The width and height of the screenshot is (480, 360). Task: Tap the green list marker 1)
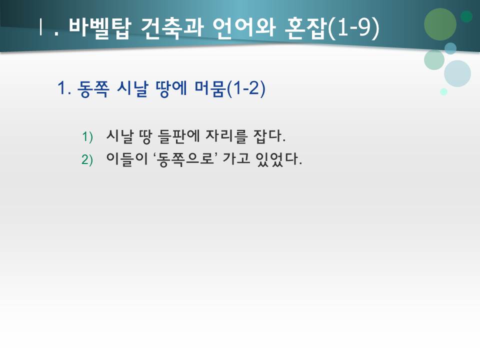point(87,136)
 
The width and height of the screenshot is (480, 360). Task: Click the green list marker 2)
point(87,160)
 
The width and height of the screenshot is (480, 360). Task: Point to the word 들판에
point(177,136)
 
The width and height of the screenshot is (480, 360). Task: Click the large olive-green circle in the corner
point(440,24)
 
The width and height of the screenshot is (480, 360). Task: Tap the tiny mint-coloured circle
point(443,91)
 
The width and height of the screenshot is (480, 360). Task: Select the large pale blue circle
point(457,73)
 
